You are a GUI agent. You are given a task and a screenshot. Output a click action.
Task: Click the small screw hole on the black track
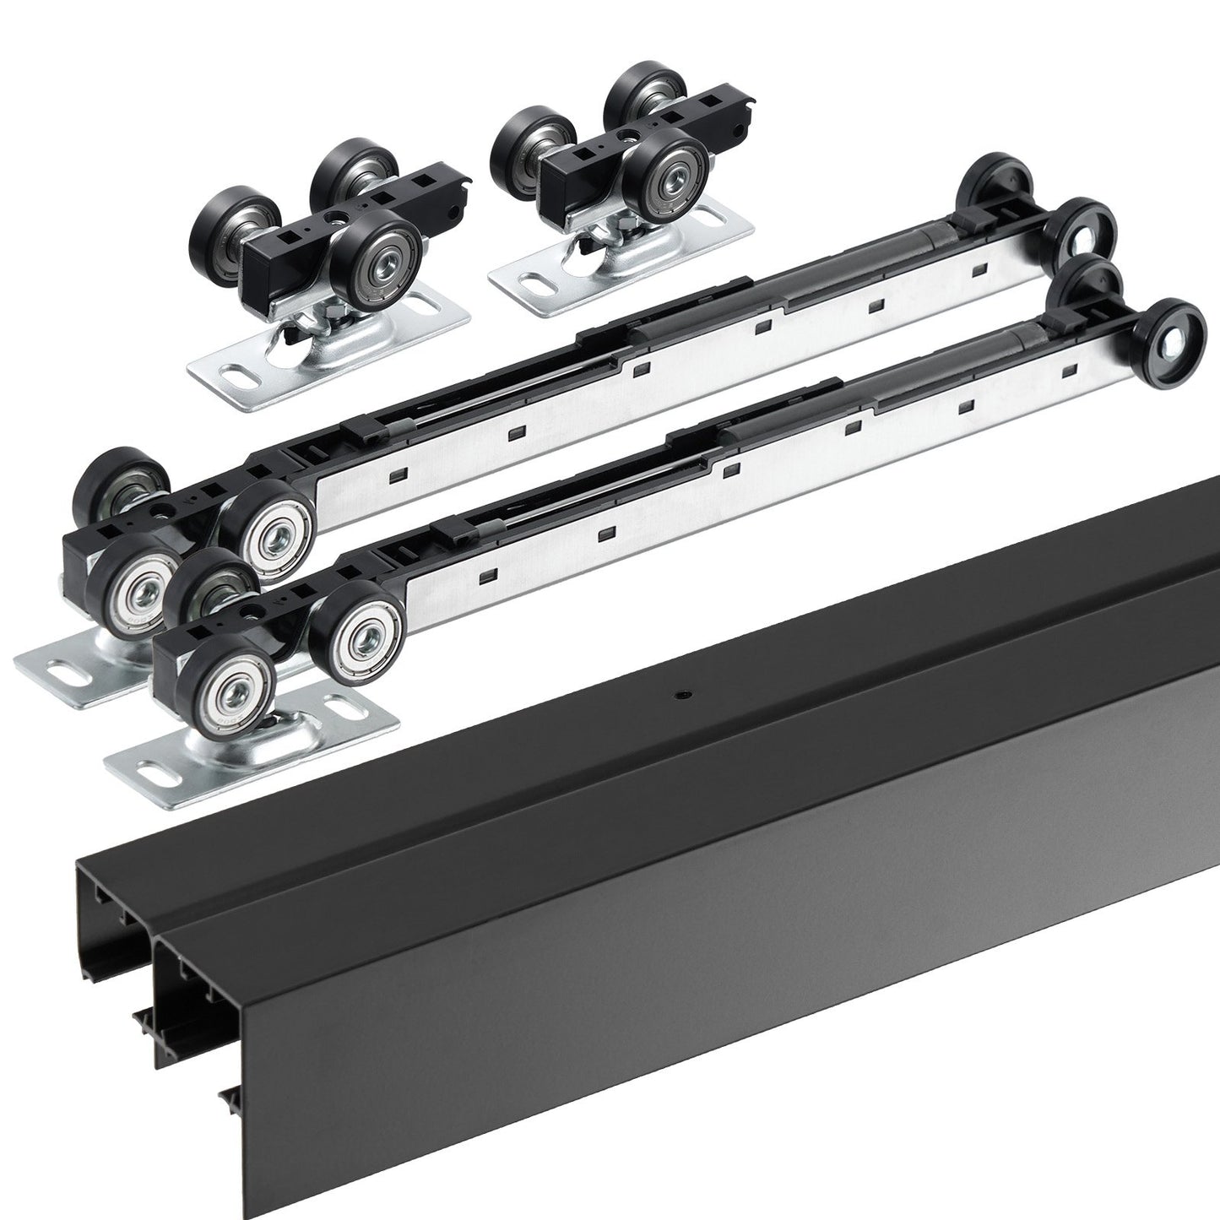[680, 696]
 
